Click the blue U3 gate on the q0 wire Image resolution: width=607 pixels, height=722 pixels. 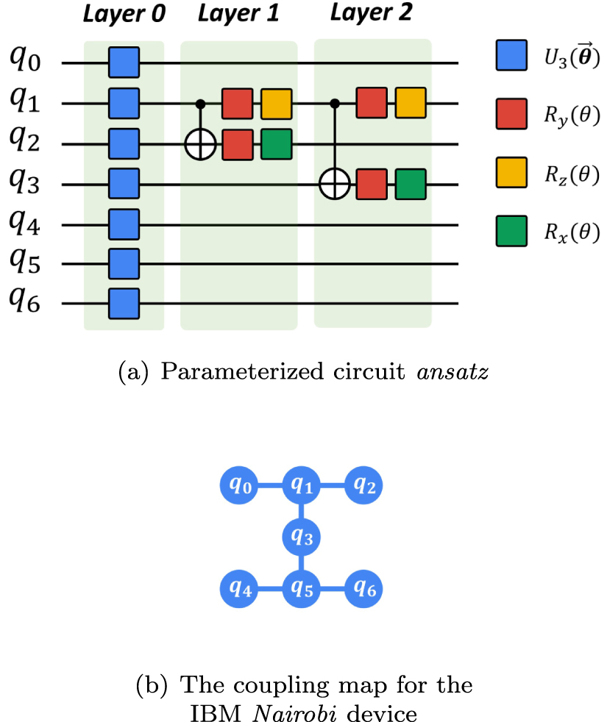pyautogui.click(x=124, y=63)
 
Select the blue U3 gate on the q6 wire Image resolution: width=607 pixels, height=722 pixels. pyautogui.click(x=124, y=302)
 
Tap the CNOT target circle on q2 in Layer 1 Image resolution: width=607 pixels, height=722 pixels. pyautogui.click(x=199, y=144)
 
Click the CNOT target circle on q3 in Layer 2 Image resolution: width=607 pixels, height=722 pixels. pyautogui.click(x=336, y=185)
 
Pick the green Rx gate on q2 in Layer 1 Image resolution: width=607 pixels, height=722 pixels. pyautogui.click(x=276, y=144)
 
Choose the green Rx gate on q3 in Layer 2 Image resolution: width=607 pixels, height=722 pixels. pyautogui.click(x=410, y=185)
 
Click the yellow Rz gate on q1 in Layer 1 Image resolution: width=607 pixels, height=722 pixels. pyautogui.click(x=276, y=104)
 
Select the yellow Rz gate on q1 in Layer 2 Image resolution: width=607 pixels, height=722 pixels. pyautogui.click(x=410, y=103)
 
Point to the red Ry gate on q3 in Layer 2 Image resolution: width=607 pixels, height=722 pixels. pyautogui.click(x=372, y=185)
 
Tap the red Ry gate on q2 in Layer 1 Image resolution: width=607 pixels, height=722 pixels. pyautogui.click(x=238, y=144)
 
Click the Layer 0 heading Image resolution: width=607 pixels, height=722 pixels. pyautogui.click(x=123, y=15)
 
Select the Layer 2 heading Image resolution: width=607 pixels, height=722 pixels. pyautogui.click(x=372, y=14)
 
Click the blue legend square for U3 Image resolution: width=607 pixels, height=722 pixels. pyautogui.click(x=511, y=55)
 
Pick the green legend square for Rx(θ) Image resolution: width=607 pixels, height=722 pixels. pyautogui.click(x=511, y=232)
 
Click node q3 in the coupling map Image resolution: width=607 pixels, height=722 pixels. pyautogui.click(x=301, y=537)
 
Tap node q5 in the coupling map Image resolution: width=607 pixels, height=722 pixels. pyautogui.click(x=301, y=588)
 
